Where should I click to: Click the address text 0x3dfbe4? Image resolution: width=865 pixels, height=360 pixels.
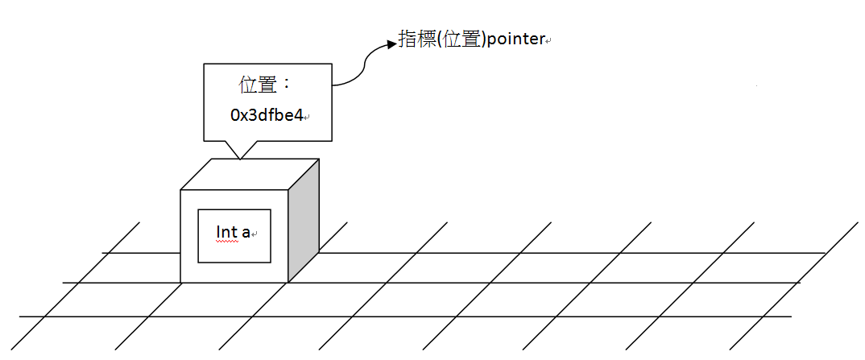pyautogui.click(x=266, y=115)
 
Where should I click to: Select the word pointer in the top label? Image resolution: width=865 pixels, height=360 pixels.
pyautogui.click(x=516, y=39)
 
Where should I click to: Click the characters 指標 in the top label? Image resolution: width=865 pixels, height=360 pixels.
pyautogui.click(x=416, y=39)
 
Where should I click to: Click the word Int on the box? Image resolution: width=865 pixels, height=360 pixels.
pyautogui.click(x=226, y=232)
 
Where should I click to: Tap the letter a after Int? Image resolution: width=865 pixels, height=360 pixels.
pyautogui.click(x=246, y=233)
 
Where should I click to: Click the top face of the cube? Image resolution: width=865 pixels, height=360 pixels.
pyautogui.click(x=250, y=174)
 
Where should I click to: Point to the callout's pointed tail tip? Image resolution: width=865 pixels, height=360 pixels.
pyautogui.click(x=239, y=158)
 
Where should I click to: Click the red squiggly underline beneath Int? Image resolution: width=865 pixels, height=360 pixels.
pyautogui.click(x=227, y=240)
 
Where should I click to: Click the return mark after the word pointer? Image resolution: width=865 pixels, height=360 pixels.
pyautogui.click(x=548, y=40)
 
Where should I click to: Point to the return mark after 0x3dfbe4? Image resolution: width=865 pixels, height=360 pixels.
pyautogui.click(x=307, y=118)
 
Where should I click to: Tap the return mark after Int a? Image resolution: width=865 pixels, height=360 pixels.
pyautogui.click(x=255, y=234)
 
